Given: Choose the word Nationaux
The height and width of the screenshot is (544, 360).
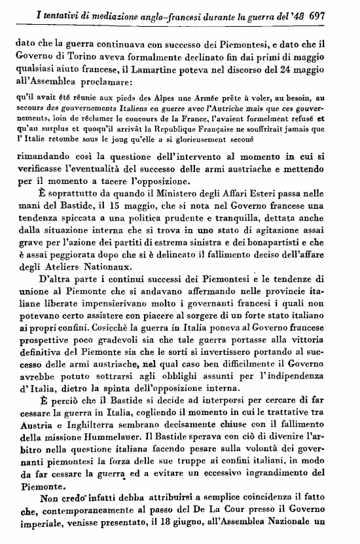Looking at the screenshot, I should pyautogui.click(x=110, y=271).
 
